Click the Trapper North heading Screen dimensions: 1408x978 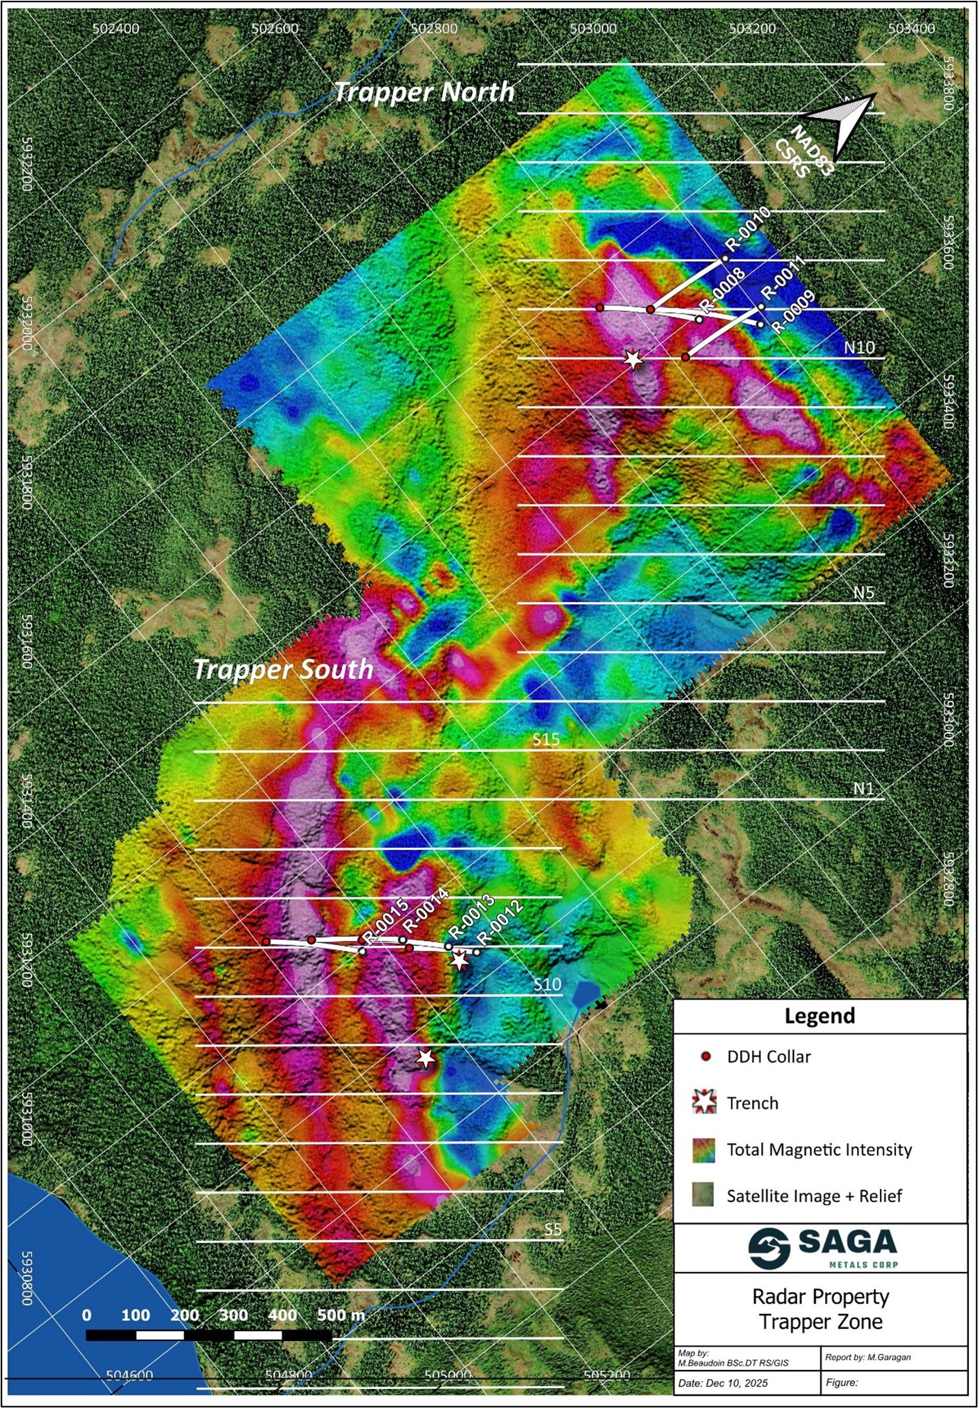click(x=424, y=92)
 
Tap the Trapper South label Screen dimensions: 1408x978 click(x=283, y=669)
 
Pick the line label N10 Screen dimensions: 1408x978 click(x=859, y=347)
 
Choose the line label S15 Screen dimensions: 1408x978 click(x=546, y=739)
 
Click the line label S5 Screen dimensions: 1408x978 click(x=553, y=1229)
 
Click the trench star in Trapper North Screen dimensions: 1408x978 click(x=633, y=359)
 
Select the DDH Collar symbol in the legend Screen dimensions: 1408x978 click(x=706, y=1056)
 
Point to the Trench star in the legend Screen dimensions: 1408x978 click(x=705, y=1102)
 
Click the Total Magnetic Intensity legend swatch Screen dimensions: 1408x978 click(x=704, y=1149)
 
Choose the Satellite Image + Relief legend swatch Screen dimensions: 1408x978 click(x=704, y=1195)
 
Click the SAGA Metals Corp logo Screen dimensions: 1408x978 click(x=822, y=1249)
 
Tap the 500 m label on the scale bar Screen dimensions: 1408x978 click(x=340, y=1315)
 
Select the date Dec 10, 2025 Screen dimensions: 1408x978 click(x=722, y=1382)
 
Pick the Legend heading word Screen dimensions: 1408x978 click(x=819, y=1016)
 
